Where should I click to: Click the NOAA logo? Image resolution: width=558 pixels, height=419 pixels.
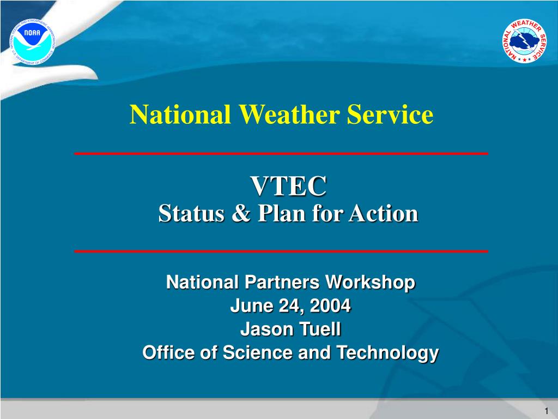tap(32, 41)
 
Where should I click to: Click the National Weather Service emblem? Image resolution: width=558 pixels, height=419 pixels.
tap(525, 41)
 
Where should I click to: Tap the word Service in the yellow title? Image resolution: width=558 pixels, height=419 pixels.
tap(390, 115)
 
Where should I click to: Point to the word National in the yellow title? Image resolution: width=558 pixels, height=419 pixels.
tap(180, 115)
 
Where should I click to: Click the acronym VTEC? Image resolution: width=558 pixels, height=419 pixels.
tap(288, 185)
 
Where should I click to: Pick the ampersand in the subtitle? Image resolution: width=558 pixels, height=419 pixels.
tap(241, 213)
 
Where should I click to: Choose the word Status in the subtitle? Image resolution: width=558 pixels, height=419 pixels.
tap(191, 213)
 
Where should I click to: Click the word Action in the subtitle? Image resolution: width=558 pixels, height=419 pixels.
tap(383, 213)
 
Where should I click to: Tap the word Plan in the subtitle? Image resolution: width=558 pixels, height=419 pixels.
tap(282, 213)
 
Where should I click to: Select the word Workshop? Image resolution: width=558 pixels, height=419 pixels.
tap(371, 282)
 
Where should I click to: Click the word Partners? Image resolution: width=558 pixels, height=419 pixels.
tap(282, 282)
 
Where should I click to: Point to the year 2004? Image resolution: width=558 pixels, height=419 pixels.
tap(330, 306)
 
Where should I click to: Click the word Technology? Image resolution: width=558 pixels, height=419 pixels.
tap(387, 353)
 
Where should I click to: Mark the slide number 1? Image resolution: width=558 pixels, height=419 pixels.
tap(546, 410)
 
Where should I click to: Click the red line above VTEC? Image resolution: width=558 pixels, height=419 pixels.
tap(281, 153)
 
